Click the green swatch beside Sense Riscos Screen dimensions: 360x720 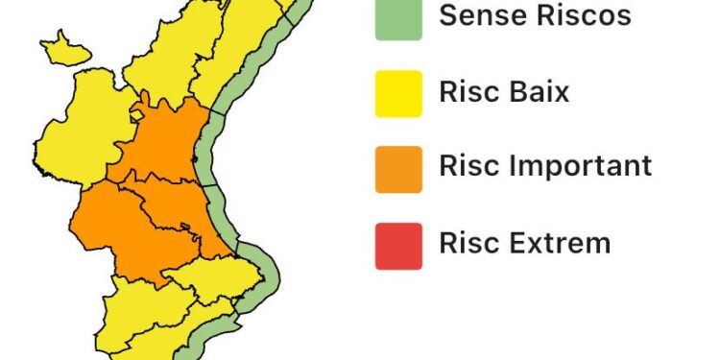(x=398, y=19)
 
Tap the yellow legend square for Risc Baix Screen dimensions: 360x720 (x=398, y=94)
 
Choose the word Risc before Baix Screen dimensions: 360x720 (x=469, y=92)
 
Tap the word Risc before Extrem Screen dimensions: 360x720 (x=469, y=242)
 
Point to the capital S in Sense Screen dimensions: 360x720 (x=447, y=15)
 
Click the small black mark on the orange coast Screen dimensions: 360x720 (x=196, y=158)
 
